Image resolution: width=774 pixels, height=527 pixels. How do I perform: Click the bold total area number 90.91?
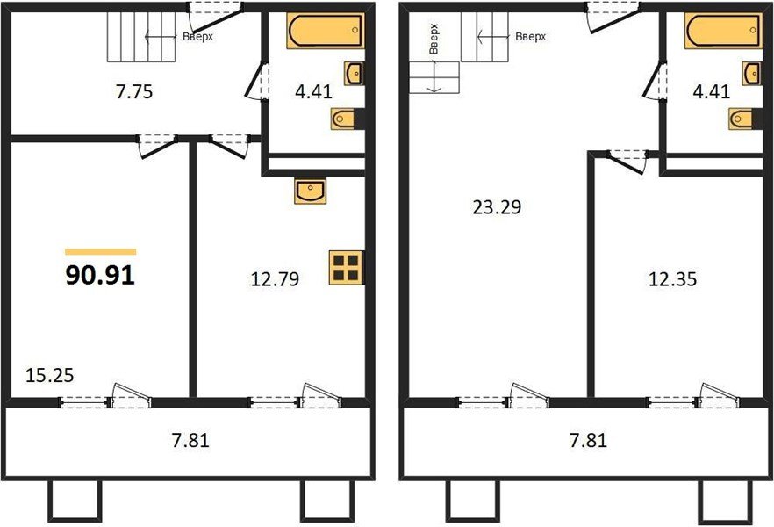click(x=100, y=276)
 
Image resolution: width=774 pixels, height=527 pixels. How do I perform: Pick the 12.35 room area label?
click(x=671, y=280)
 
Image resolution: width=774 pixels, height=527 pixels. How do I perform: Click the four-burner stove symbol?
click(x=346, y=268)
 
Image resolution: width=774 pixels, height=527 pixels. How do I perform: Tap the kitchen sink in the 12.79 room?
click(x=310, y=191)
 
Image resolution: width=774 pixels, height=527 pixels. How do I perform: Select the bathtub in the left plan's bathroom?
click(x=324, y=32)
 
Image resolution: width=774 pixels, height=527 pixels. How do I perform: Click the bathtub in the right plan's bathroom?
click(x=723, y=32)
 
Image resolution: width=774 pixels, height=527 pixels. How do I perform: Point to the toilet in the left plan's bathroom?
click(x=345, y=118)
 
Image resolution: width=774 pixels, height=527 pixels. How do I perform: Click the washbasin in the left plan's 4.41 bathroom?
click(x=355, y=73)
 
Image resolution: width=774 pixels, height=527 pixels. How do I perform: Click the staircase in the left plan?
click(x=142, y=38)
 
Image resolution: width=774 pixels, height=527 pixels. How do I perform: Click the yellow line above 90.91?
click(x=101, y=252)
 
